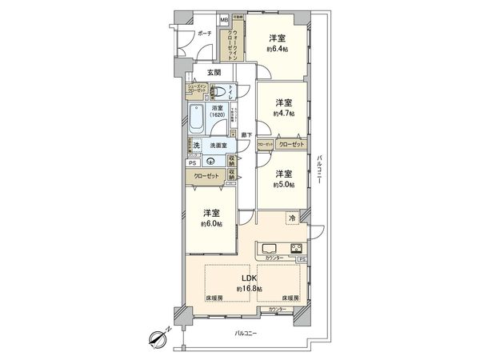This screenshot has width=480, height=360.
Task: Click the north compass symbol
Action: coord(158,339)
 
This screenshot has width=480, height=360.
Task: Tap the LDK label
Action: coord(239,278)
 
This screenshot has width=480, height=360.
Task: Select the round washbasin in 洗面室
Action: coord(210,159)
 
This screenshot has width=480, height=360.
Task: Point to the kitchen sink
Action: coord(268,246)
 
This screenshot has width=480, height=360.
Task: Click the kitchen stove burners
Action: coord(296,246)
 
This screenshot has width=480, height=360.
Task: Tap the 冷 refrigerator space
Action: coord(293,218)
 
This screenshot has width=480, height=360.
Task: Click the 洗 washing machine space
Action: coord(196,146)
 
